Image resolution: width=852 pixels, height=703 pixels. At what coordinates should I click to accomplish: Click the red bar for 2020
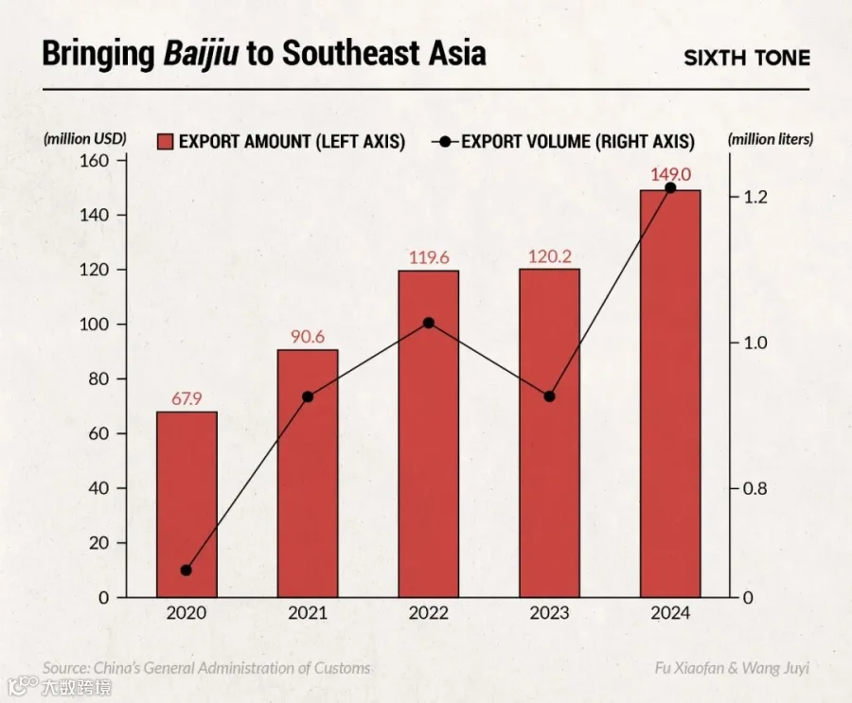click(x=186, y=504)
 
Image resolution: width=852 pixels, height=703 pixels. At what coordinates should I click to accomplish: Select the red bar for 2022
click(x=429, y=433)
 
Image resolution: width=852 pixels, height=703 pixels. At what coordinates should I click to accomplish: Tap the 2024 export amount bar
click(x=670, y=394)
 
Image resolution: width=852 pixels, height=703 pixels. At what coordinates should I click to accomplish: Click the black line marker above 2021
click(x=308, y=396)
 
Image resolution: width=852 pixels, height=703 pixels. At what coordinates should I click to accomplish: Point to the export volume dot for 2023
click(x=549, y=396)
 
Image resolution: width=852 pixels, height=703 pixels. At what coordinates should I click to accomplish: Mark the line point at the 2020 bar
click(x=186, y=570)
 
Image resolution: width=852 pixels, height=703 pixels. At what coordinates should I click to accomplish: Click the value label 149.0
click(x=671, y=174)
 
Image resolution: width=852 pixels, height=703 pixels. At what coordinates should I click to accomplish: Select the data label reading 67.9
click(x=186, y=398)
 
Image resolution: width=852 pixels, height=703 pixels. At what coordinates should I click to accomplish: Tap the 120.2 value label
click(x=550, y=256)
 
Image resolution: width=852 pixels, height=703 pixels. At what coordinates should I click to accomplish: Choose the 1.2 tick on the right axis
click(x=755, y=197)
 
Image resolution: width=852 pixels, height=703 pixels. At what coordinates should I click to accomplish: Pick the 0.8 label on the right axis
click(x=755, y=488)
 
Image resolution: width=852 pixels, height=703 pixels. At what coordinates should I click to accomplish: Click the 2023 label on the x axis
click(x=549, y=613)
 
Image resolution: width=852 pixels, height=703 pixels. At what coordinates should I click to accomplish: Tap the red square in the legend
click(x=165, y=142)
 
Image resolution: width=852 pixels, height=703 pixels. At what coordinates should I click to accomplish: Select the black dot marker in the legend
click(x=446, y=142)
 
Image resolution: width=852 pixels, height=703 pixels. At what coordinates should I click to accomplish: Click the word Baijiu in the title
click(x=201, y=54)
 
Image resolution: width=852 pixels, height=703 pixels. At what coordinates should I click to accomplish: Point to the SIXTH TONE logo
click(x=747, y=58)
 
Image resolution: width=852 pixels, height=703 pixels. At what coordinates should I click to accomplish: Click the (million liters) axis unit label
click(x=771, y=140)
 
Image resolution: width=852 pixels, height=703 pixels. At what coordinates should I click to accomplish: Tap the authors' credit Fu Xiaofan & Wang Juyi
click(x=732, y=667)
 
